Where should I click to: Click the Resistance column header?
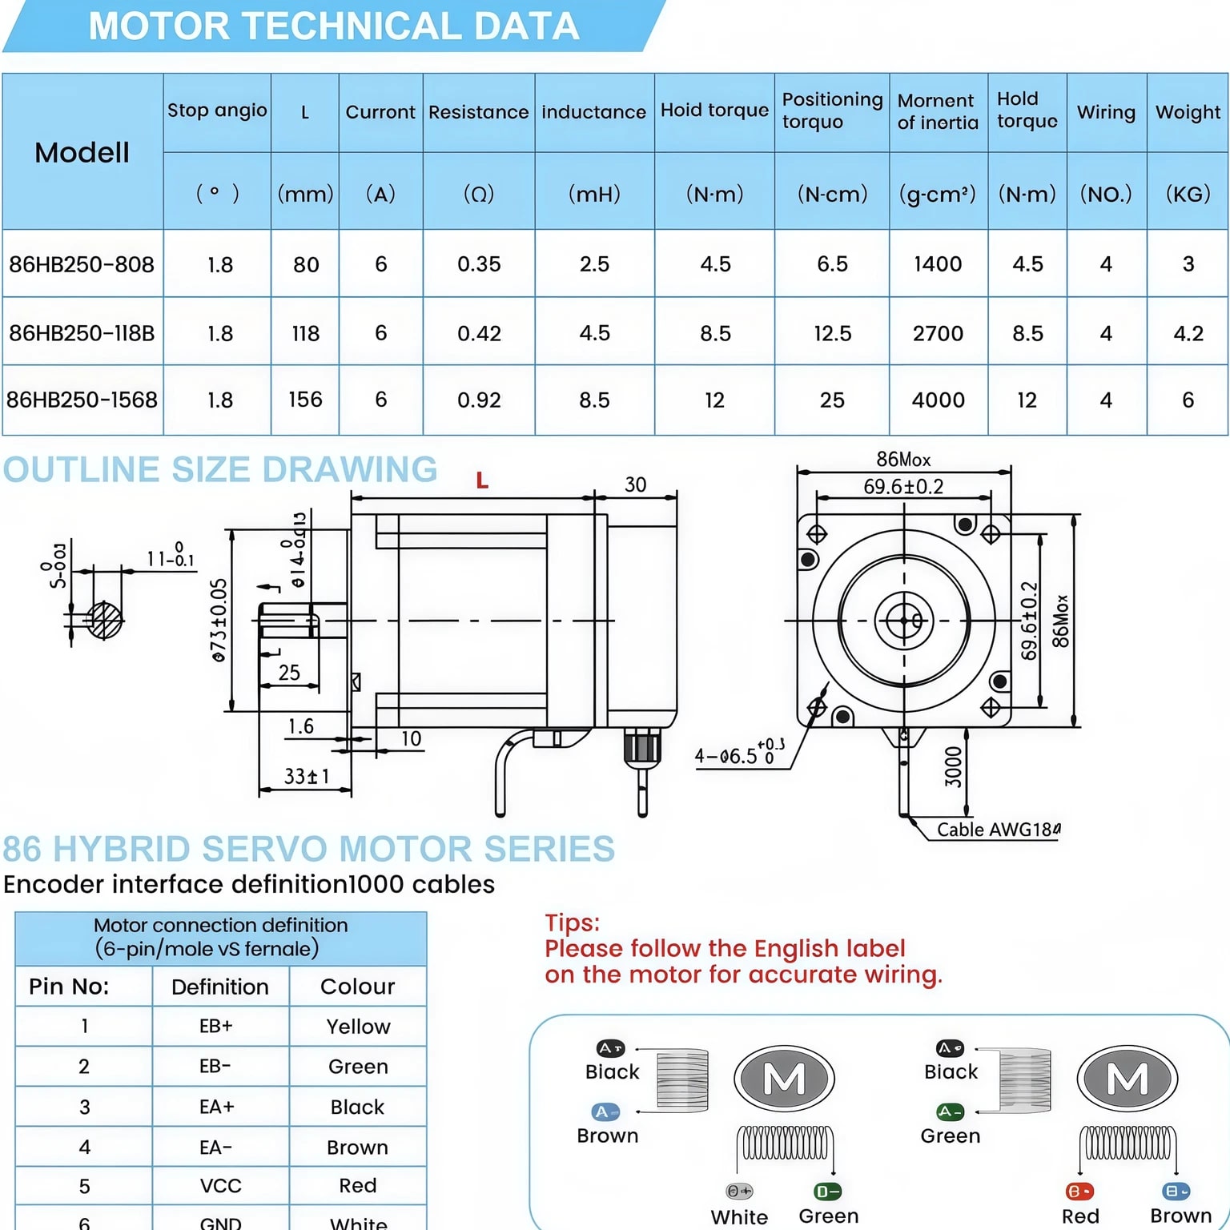(x=478, y=112)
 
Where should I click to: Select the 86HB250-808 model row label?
(x=82, y=264)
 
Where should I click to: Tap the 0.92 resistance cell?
(x=479, y=400)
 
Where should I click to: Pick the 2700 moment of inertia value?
(x=938, y=333)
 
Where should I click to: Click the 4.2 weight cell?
(x=1188, y=333)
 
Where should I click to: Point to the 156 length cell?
(x=305, y=400)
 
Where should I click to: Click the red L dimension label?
(x=482, y=480)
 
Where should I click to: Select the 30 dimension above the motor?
(x=635, y=484)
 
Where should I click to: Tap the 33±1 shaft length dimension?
(x=306, y=776)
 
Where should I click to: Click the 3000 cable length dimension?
(x=953, y=766)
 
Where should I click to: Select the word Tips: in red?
(x=572, y=922)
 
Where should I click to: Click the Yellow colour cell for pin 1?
(x=358, y=1027)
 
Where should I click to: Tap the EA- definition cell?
(x=216, y=1148)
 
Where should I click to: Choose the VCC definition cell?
(x=220, y=1186)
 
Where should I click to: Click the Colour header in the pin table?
(x=357, y=987)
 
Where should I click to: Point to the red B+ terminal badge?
(x=1079, y=1192)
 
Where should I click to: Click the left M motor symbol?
(x=784, y=1079)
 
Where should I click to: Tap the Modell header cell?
(x=82, y=152)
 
